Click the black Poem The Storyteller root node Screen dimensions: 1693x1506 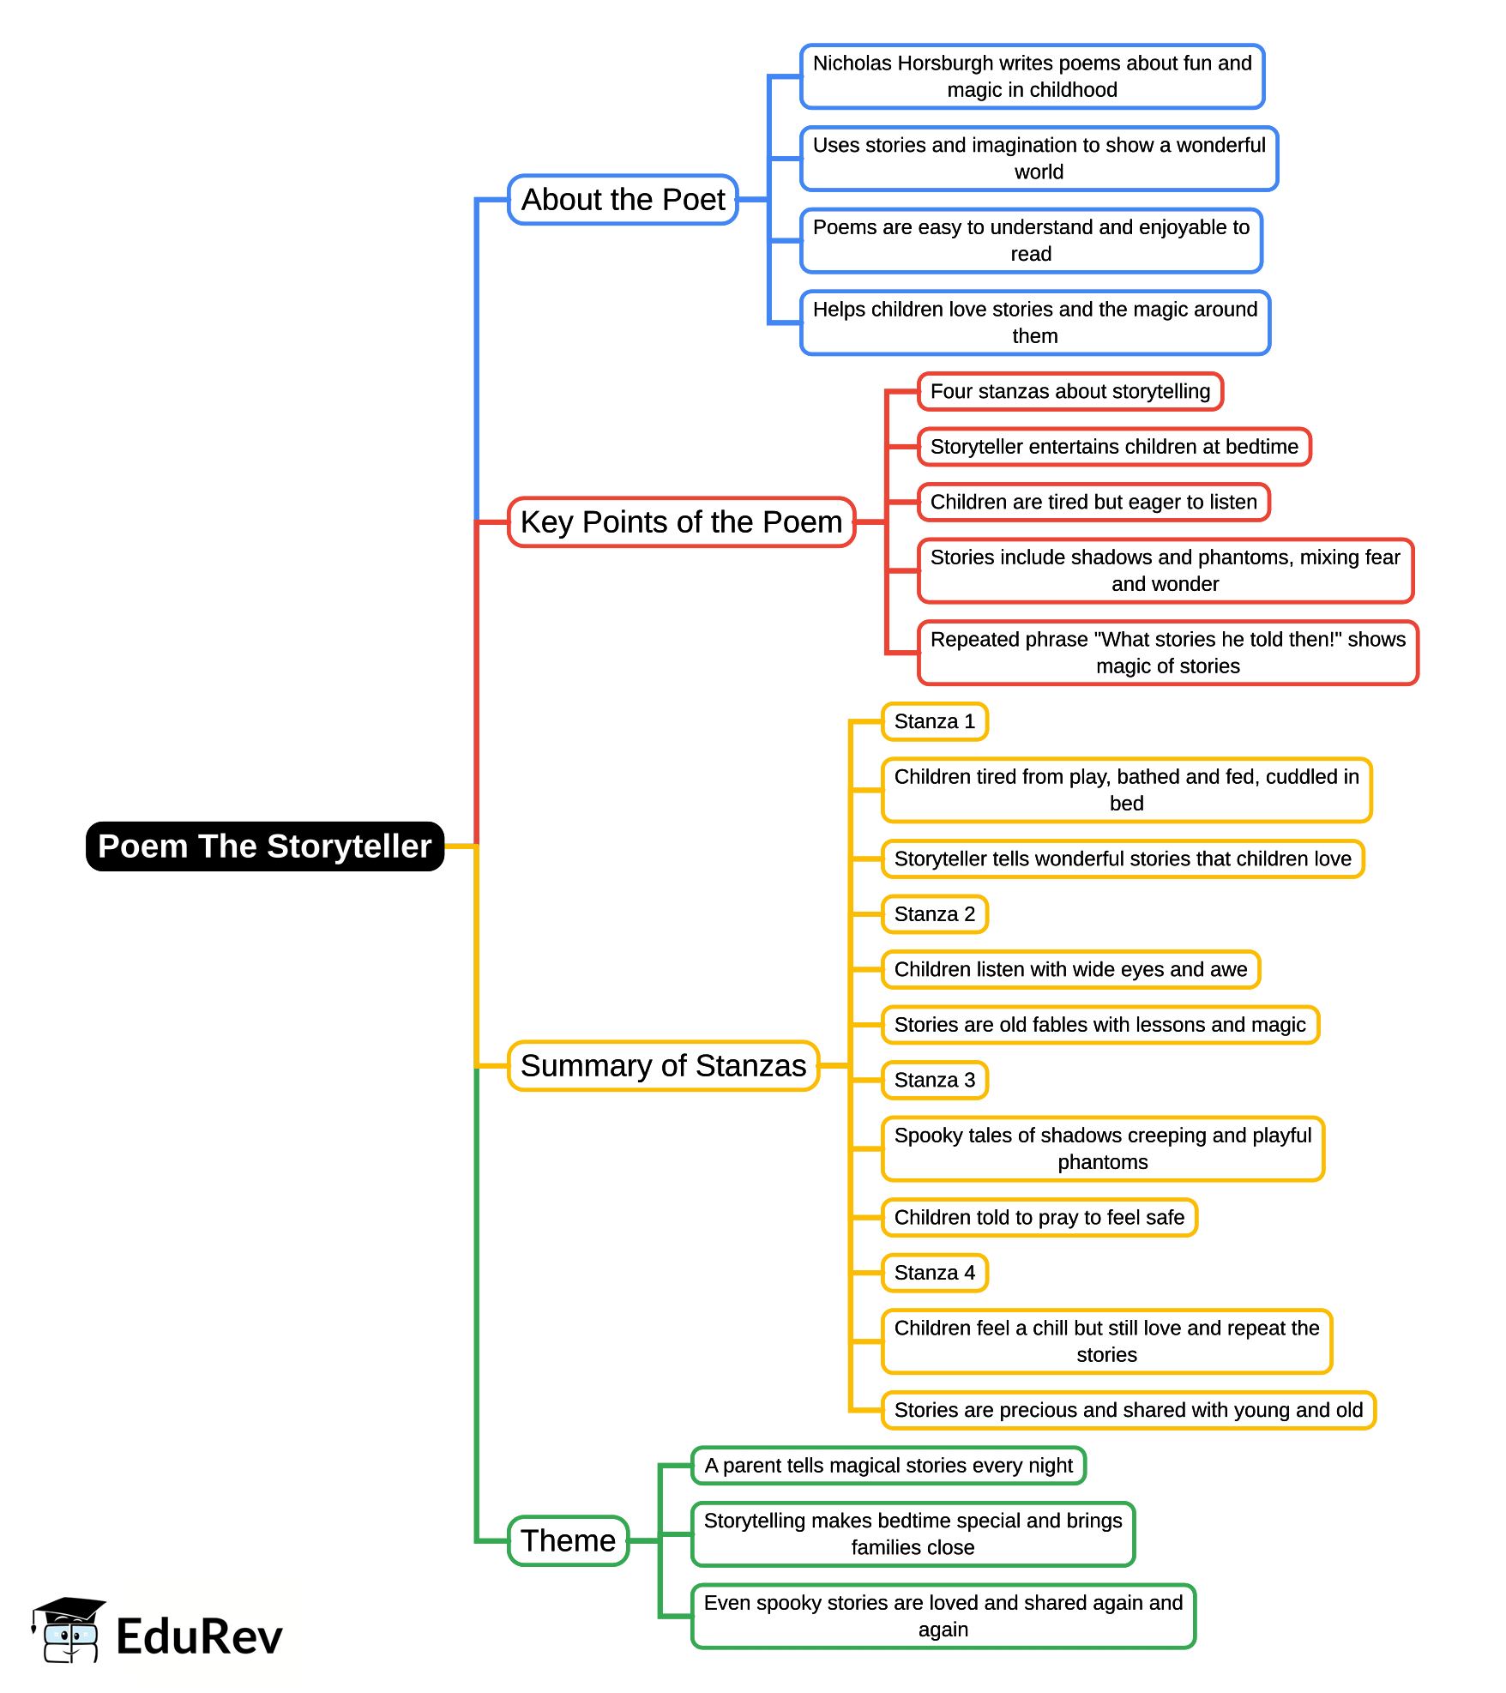point(264,846)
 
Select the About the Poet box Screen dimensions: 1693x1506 point(623,200)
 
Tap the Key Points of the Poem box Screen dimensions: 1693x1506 point(681,522)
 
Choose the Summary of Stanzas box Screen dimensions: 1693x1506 point(663,1066)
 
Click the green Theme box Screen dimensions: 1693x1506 point(568,1540)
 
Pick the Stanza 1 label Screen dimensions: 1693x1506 point(934,721)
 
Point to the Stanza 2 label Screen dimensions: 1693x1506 point(934,914)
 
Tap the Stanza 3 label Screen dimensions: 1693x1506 point(934,1080)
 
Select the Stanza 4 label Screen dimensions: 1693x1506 point(934,1273)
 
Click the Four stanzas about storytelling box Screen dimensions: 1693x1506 point(1069,392)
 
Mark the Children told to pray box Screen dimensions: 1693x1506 point(1039,1218)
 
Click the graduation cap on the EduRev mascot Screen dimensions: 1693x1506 point(70,1609)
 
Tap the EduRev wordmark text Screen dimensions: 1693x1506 point(199,1637)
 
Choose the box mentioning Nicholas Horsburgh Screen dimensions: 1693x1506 point(1032,76)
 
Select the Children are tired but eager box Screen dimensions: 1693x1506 point(1093,503)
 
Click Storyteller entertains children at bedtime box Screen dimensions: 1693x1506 point(1114,447)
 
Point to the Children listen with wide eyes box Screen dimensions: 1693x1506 point(1070,970)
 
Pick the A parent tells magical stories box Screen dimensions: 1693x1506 point(889,1466)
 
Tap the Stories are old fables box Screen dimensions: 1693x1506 point(1099,1025)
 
